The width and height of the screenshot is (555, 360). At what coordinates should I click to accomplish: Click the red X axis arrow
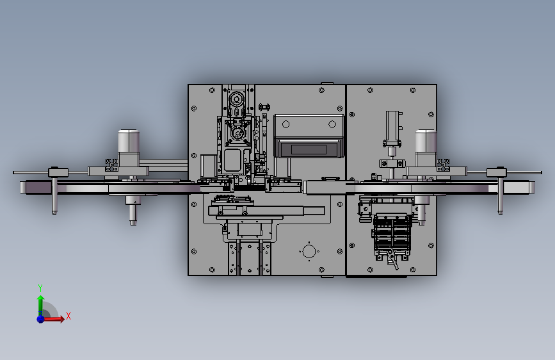point(53,319)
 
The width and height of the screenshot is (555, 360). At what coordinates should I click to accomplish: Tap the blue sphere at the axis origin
point(41,319)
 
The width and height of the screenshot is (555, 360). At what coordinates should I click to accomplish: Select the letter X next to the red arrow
point(68,316)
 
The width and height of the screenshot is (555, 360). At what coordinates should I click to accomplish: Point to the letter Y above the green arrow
point(40,288)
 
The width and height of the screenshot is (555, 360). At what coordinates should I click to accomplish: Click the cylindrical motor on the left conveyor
point(129,142)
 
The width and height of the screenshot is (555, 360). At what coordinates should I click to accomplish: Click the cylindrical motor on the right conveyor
point(426,142)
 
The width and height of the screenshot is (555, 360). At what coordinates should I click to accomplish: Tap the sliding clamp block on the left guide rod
point(58,172)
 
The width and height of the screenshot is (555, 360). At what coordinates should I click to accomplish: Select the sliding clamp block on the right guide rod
point(497,172)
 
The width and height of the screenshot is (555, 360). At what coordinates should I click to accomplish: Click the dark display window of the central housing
point(309,149)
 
